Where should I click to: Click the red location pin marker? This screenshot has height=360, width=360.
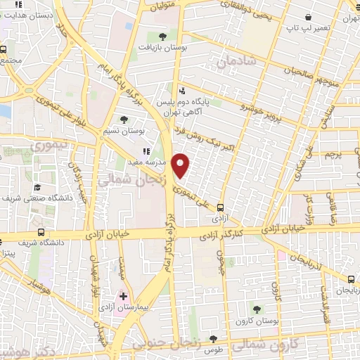tap(181, 165)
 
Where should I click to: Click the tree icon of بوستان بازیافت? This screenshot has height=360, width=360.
tap(162, 35)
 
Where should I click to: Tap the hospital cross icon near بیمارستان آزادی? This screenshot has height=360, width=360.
tap(124, 296)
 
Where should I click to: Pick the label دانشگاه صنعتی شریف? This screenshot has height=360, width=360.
tap(60, 199)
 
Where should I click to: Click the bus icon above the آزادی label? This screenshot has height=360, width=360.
tap(221, 207)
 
